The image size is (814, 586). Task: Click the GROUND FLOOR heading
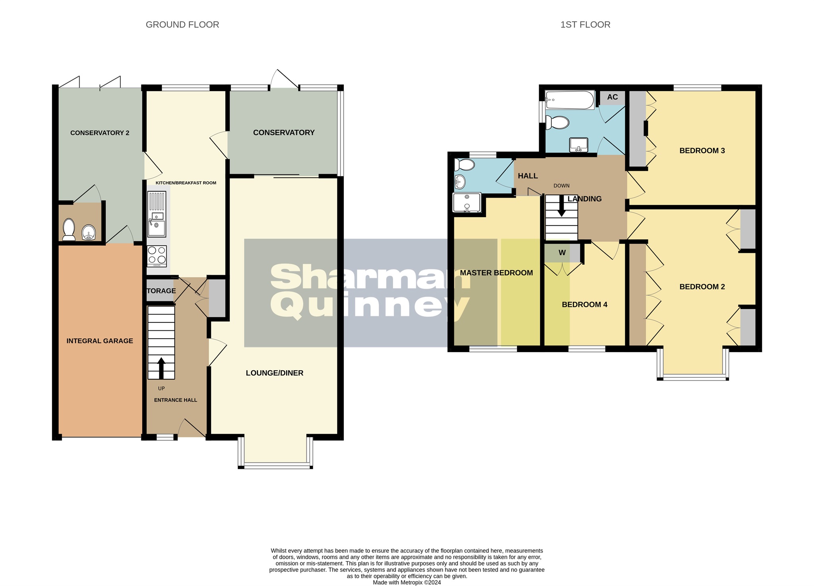click(182, 25)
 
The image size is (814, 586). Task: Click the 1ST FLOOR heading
click(585, 25)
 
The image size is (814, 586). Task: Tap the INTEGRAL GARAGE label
click(100, 341)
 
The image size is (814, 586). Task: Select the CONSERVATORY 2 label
click(100, 133)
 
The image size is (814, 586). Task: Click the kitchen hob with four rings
click(157, 256)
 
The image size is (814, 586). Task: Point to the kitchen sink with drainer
click(157, 214)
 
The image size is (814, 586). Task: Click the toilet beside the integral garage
click(69, 229)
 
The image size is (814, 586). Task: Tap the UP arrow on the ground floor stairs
click(161, 368)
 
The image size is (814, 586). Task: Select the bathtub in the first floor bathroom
click(570, 100)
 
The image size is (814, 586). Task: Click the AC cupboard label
click(612, 97)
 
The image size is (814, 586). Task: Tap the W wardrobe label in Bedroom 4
click(562, 253)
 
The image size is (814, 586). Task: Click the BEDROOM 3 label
click(702, 151)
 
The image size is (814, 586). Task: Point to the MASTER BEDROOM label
click(496, 273)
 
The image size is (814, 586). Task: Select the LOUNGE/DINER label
click(274, 373)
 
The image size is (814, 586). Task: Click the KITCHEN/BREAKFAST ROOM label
click(186, 183)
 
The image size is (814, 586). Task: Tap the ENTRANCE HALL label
click(175, 400)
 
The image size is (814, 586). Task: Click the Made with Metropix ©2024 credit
click(407, 582)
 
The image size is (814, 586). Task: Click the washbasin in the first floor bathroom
click(579, 145)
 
